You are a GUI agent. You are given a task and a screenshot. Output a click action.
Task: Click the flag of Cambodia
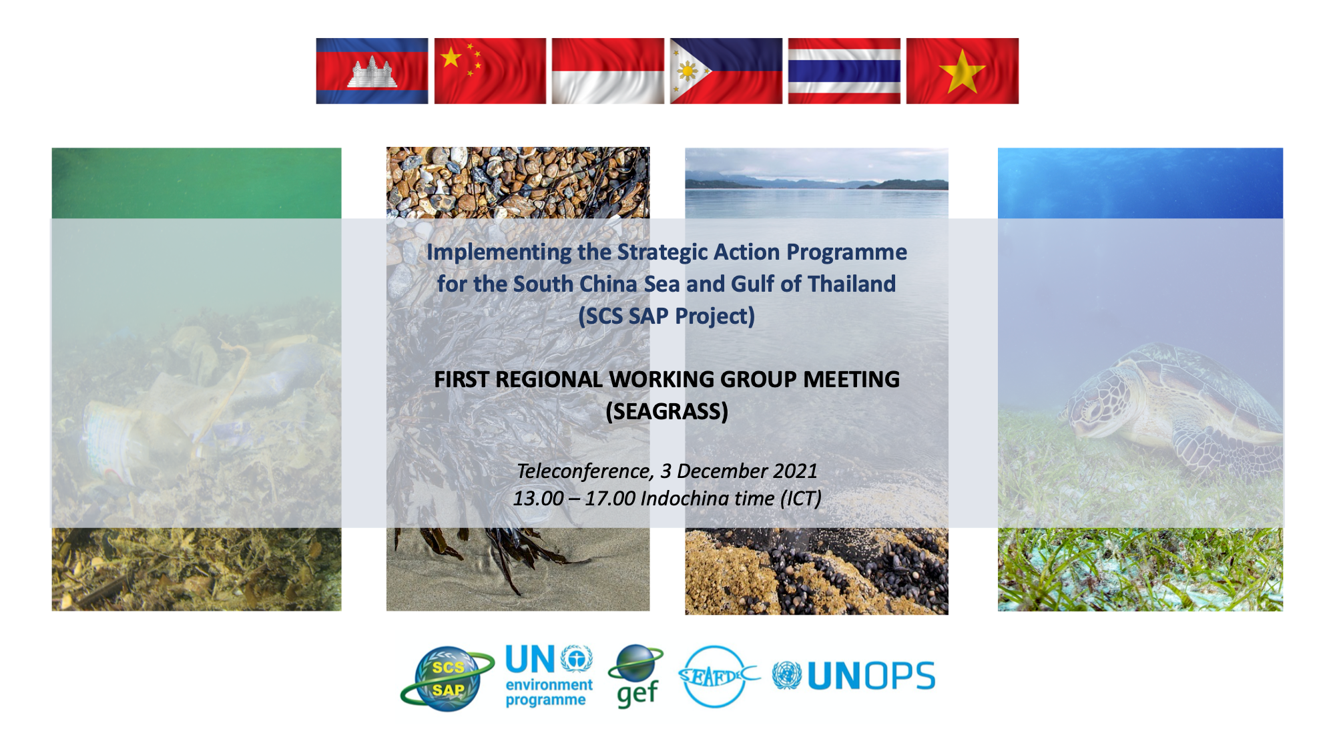372,71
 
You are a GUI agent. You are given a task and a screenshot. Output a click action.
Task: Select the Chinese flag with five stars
490,71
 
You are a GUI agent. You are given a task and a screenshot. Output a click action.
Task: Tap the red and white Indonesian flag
608,71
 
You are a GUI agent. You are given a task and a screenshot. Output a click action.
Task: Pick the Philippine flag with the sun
726,71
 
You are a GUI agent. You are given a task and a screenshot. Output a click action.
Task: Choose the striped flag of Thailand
844,71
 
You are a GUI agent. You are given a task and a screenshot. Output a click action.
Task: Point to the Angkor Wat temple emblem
372,71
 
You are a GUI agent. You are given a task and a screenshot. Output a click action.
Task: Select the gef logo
636,676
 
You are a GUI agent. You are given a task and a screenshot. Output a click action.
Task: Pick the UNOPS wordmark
871,676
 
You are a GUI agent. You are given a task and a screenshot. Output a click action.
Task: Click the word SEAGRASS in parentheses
667,411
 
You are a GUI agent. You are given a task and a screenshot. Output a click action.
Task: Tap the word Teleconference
585,471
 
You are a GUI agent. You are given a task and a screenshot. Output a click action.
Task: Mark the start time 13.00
538,499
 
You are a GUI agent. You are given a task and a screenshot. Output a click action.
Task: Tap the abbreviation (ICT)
801,499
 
